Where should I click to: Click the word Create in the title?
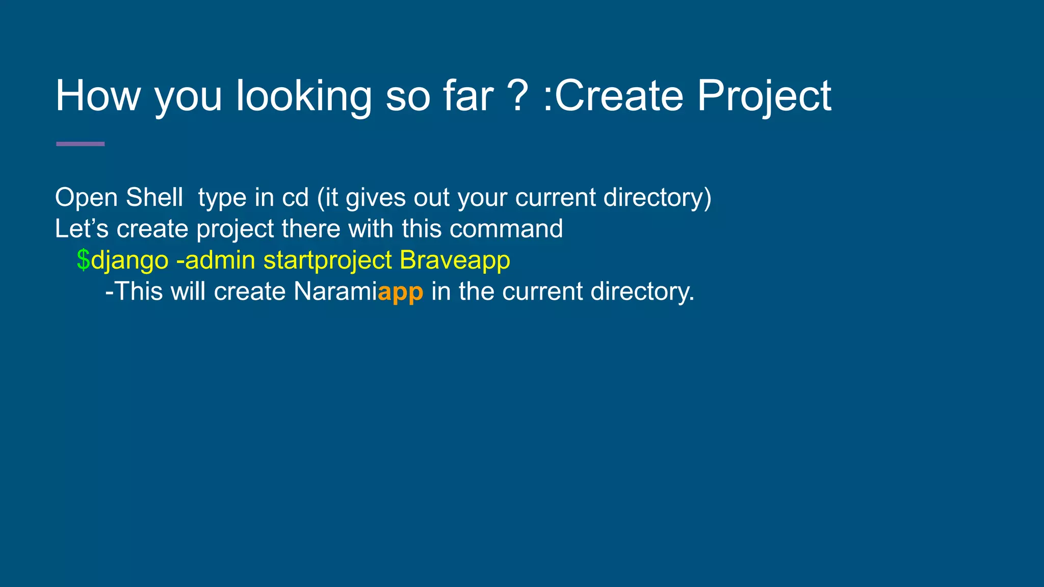(x=619, y=96)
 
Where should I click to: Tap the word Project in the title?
(x=764, y=97)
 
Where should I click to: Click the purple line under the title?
(x=80, y=144)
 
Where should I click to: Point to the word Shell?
(x=154, y=198)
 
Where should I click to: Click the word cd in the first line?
(x=295, y=198)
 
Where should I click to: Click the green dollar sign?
(x=83, y=260)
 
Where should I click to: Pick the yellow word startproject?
(x=327, y=261)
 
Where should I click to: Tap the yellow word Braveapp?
(x=455, y=261)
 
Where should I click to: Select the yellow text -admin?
(x=215, y=260)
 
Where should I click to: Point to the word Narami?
(x=335, y=291)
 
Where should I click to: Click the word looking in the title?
(x=304, y=97)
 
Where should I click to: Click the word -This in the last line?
(x=134, y=291)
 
